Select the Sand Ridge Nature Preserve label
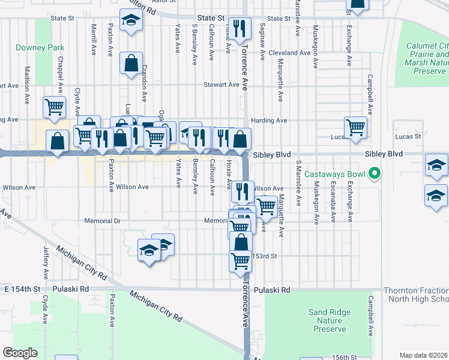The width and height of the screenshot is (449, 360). (327, 320)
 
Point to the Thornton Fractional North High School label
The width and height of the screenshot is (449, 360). (418, 295)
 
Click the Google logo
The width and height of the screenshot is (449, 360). (20, 353)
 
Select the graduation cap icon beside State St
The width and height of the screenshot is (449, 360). (128, 21)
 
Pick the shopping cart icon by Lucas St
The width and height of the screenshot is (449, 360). (355, 127)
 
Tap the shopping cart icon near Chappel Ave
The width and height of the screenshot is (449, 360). (54, 107)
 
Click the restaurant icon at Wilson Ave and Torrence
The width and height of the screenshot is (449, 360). (242, 191)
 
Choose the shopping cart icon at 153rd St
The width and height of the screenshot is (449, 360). (240, 261)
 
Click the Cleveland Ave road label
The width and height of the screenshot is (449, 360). (289, 53)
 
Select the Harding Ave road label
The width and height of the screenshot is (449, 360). (269, 120)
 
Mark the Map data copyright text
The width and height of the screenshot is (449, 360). (424, 355)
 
